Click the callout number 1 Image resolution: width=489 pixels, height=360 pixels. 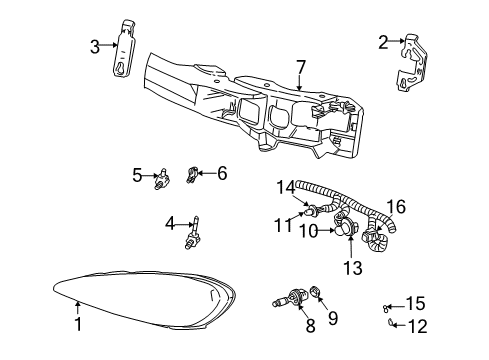pyautogui.click(x=77, y=324)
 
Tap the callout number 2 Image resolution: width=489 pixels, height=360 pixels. pyautogui.click(x=383, y=41)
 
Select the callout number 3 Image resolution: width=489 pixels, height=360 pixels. pyautogui.click(x=95, y=46)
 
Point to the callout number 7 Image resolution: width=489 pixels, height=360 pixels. pyautogui.click(x=300, y=68)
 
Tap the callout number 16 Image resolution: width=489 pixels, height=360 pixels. pyautogui.click(x=397, y=207)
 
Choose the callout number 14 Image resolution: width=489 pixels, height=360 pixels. pyautogui.click(x=287, y=185)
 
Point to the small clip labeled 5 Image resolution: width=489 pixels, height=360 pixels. pyautogui.click(x=160, y=180)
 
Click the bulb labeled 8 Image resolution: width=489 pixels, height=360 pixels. pyautogui.click(x=289, y=297)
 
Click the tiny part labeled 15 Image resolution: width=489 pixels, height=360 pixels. pyautogui.click(x=387, y=307)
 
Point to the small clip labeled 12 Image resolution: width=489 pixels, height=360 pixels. pyautogui.click(x=393, y=322)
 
